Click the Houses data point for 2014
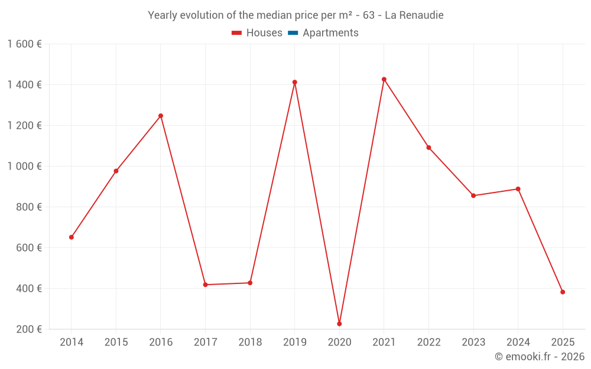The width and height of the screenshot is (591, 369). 72,237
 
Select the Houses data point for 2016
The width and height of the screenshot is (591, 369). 161,116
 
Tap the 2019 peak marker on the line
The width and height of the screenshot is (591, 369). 295,82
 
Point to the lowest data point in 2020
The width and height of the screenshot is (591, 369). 339,324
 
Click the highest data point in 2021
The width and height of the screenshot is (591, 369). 384,79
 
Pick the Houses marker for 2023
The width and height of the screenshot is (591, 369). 473,195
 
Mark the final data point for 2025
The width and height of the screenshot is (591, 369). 563,292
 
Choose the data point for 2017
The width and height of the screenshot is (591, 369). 205,285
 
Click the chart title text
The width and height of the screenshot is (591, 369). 295,15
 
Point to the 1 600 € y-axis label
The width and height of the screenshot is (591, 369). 24,44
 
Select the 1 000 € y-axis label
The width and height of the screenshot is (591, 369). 24,166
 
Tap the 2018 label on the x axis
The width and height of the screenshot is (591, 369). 250,342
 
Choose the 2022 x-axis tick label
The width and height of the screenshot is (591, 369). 428,342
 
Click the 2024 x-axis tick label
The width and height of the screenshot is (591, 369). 518,342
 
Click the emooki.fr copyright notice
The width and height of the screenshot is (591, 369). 539,357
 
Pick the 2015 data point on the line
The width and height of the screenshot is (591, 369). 116,171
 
